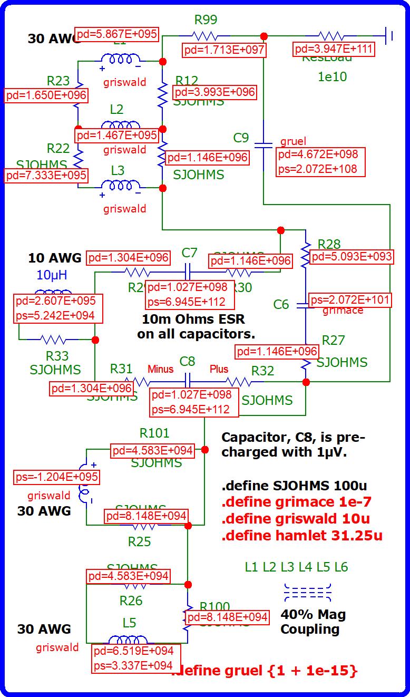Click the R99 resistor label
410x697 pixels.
[x=206, y=20]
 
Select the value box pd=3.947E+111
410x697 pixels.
[x=334, y=50]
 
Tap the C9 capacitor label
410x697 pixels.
[x=241, y=138]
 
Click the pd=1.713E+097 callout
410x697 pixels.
[x=224, y=51]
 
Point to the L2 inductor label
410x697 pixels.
[x=116, y=109]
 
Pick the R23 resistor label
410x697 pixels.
[x=58, y=81]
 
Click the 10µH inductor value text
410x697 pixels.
[x=52, y=275]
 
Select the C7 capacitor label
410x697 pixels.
[x=189, y=253]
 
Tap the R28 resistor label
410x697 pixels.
[x=329, y=245]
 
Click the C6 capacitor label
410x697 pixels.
[x=281, y=304]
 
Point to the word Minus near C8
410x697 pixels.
[x=160, y=369]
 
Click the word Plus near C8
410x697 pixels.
[x=219, y=369]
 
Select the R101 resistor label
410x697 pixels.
[x=154, y=433]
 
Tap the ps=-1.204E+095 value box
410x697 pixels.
[x=56, y=477]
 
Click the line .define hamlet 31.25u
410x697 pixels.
[x=302, y=536]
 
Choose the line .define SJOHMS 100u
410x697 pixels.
[x=294, y=485]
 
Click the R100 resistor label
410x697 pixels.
[x=214, y=607]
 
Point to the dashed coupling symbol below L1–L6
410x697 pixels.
[x=308, y=593]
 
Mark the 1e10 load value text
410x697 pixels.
[x=332, y=77]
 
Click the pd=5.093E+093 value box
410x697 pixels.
[x=352, y=257]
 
